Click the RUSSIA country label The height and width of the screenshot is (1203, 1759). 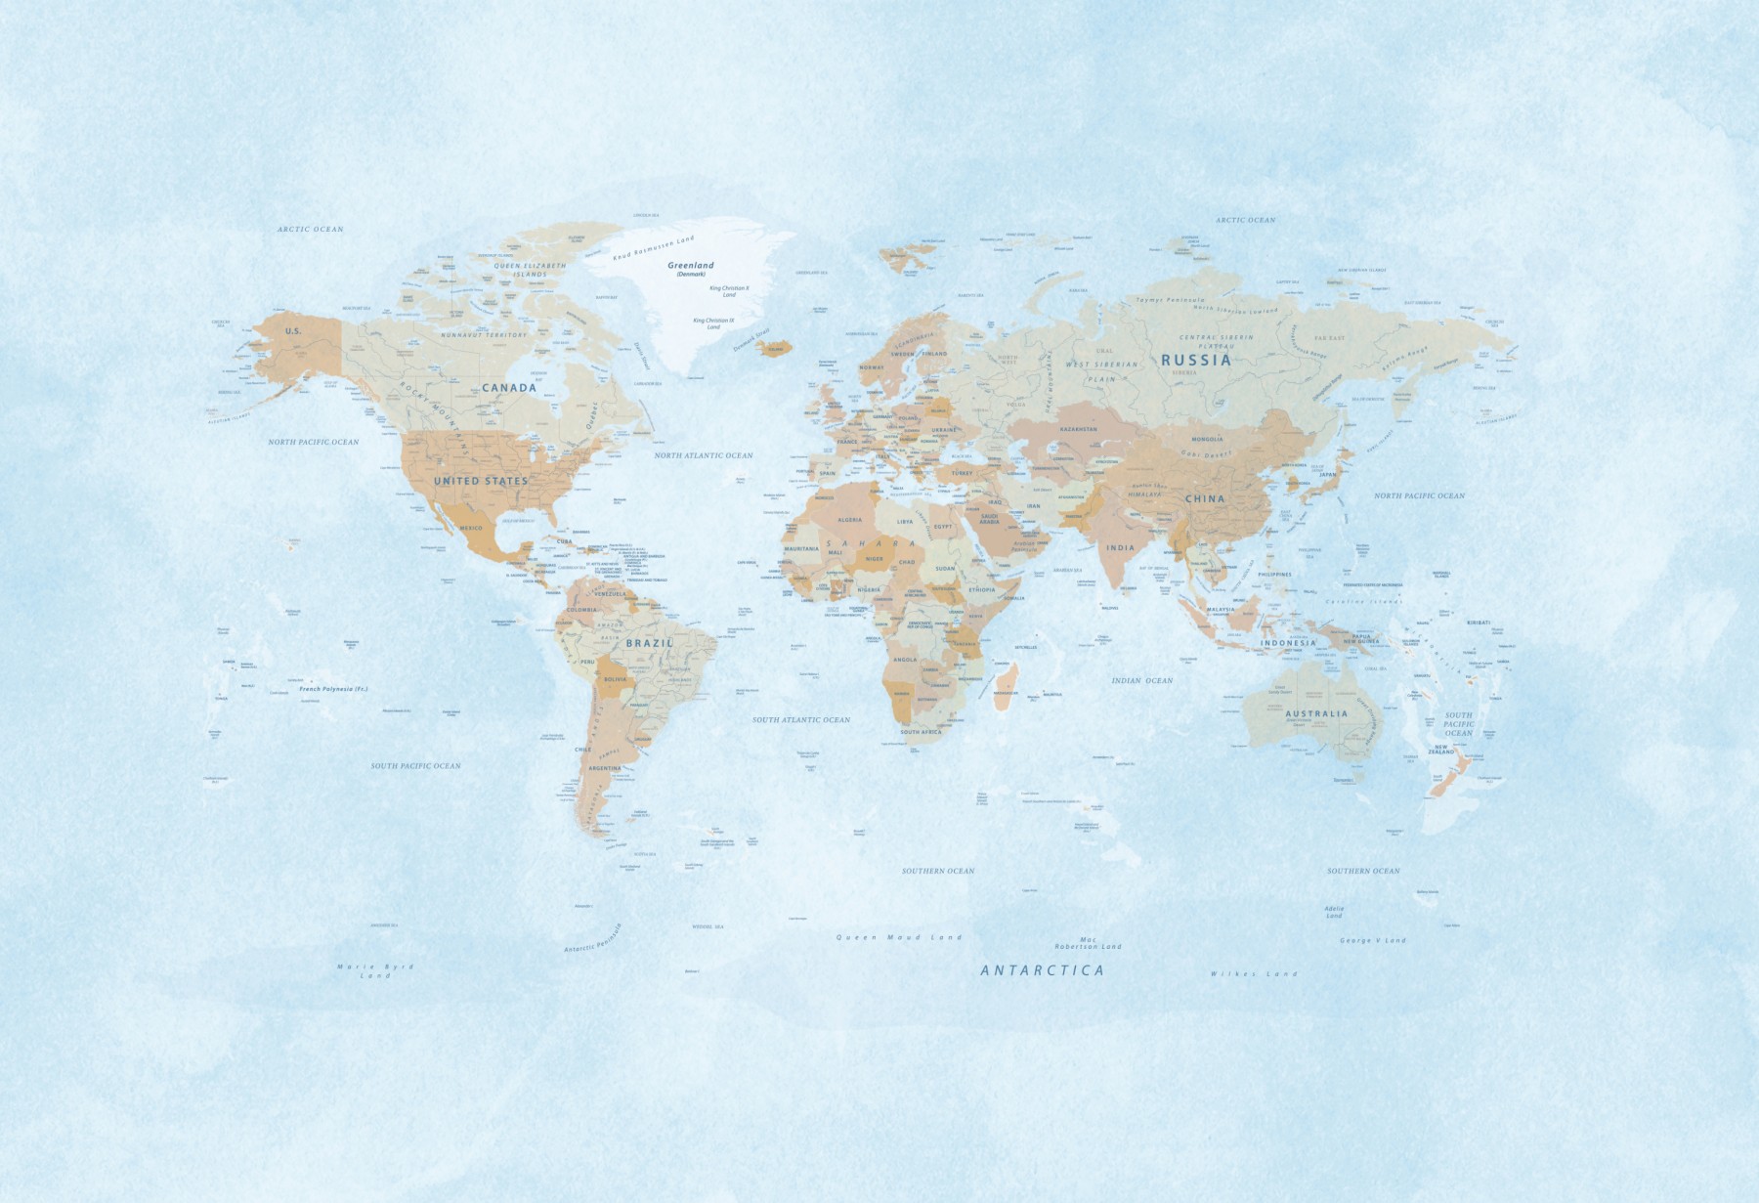click(x=1196, y=360)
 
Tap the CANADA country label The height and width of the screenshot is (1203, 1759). click(x=509, y=388)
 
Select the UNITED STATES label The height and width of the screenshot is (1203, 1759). click(x=481, y=481)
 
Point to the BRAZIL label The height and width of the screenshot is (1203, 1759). click(x=650, y=643)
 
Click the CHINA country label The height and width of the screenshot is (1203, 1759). click(x=1204, y=498)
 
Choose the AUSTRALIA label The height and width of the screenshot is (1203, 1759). click(x=1316, y=713)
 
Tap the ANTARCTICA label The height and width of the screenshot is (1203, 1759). click(x=1043, y=970)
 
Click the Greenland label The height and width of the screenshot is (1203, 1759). click(x=691, y=266)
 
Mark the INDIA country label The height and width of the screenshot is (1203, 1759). click(x=1120, y=547)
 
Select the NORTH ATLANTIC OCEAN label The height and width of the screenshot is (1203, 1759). click(x=704, y=455)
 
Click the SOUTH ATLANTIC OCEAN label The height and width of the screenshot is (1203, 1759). click(x=801, y=719)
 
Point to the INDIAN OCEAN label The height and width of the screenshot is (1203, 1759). click(x=1141, y=680)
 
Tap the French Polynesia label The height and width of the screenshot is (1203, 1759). click(x=333, y=689)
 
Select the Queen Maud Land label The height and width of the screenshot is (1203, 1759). click(x=899, y=937)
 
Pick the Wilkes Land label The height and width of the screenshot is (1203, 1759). click(x=1254, y=973)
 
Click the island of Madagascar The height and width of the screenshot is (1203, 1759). click(x=1007, y=679)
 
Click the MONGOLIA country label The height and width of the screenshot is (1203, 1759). click(x=1207, y=439)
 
